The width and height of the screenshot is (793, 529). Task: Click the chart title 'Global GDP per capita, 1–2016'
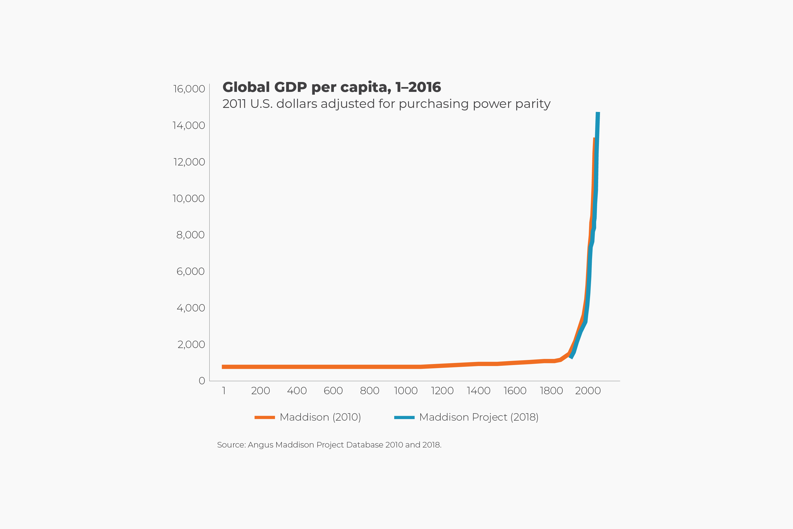point(331,87)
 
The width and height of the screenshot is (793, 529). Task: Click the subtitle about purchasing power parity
point(386,104)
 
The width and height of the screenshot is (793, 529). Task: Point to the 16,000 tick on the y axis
point(189,89)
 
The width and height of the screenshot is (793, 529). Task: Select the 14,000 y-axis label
point(188,125)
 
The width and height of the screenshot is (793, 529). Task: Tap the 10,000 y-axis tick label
point(188,199)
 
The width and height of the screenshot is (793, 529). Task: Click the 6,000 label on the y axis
point(190,271)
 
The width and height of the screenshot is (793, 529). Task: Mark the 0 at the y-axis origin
point(202,381)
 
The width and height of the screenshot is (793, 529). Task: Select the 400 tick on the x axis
point(297,391)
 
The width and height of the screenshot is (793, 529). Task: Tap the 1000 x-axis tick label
point(406,391)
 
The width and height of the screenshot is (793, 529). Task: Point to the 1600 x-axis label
point(515,391)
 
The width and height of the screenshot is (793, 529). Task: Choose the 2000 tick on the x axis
point(588,391)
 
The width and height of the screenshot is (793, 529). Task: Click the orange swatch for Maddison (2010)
point(265,417)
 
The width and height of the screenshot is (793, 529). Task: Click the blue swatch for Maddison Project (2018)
point(404,417)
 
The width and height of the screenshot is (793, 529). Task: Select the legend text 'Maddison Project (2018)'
point(479,417)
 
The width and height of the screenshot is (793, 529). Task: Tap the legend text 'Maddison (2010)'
point(320,417)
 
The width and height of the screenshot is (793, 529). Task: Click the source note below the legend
point(329,445)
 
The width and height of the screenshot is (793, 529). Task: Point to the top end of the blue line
point(598,113)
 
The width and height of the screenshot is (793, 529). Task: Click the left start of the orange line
point(223,367)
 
